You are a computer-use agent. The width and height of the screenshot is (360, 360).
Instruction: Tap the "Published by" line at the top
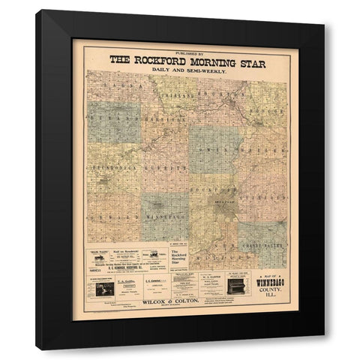[187, 52]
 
